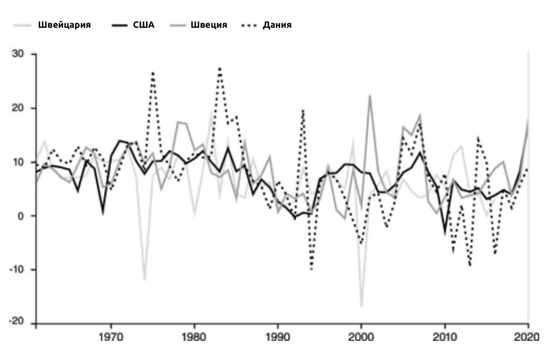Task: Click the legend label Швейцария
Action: (64, 25)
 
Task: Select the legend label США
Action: (143, 25)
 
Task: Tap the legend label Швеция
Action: (209, 25)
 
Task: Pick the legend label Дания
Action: (277, 25)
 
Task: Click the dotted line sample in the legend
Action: (249, 26)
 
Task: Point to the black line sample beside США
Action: (120, 25)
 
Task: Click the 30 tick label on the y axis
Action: (18, 54)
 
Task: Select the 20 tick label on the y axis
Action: (18, 108)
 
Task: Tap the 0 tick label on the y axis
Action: (20, 216)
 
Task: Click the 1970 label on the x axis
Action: (111, 337)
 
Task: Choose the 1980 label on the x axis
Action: (194, 337)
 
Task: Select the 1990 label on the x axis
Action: (278, 337)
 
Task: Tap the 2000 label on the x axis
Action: (361, 337)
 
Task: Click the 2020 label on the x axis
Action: (526, 337)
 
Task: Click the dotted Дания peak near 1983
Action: (220, 68)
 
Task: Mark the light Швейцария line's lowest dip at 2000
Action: (362, 307)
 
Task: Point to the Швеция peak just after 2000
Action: (370, 96)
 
